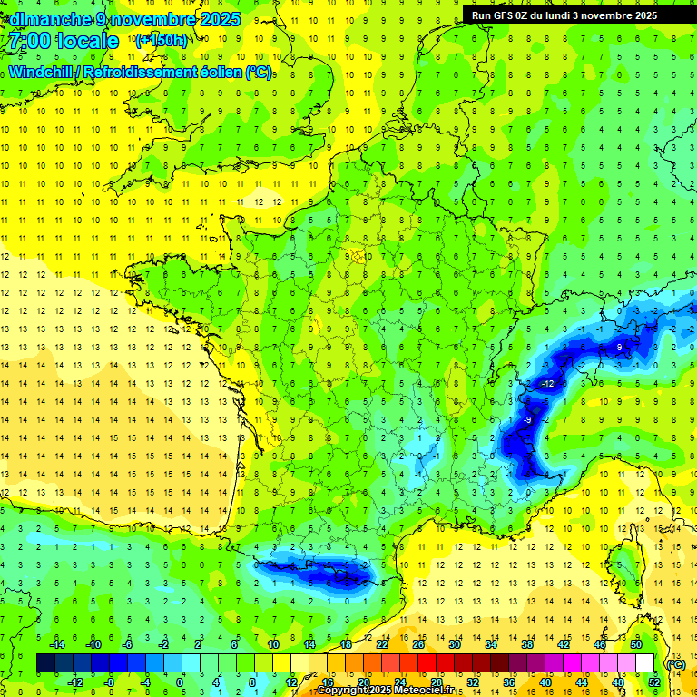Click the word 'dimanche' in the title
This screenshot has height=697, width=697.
point(45,18)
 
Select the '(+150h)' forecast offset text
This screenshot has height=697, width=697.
point(161,40)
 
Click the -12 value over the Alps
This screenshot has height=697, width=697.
point(546,384)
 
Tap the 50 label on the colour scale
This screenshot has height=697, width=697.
point(636,643)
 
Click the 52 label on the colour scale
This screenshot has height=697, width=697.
point(653,682)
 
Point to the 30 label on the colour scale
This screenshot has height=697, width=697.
point(455,643)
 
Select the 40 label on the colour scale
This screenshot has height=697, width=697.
point(545,682)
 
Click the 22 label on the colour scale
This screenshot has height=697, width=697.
point(382,643)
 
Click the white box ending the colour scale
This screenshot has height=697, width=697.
point(645,663)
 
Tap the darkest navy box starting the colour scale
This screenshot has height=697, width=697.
point(46,663)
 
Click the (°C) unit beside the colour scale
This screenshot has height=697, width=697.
point(675,663)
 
